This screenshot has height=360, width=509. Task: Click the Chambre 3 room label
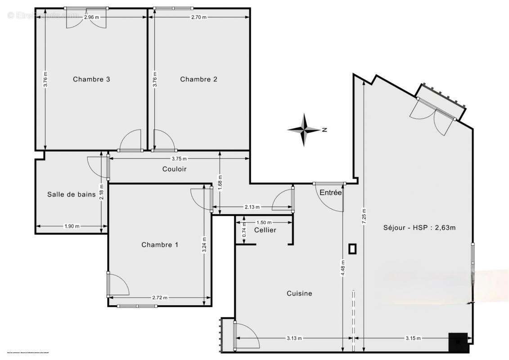(x=92, y=79)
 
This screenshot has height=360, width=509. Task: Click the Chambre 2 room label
(x=198, y=79)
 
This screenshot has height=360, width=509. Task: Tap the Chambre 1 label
(x=160, y=245)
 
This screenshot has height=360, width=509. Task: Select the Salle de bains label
(x=72, y=194)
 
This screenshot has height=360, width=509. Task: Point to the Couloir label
(x=174, y=169)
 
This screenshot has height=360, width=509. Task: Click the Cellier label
(x=265, y=230)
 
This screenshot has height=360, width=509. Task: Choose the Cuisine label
(x=299, y=293)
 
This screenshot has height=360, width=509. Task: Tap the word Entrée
(x=331, y=193)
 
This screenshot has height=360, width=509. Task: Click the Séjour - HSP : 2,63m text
(x=419, y=227)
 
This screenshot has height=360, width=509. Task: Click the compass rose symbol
(x=305, y=130)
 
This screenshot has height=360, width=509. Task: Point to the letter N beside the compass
(x=324, y=130)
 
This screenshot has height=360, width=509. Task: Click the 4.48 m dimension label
(x=343, y=269)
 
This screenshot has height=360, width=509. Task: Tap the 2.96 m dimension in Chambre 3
(x=92, y=17)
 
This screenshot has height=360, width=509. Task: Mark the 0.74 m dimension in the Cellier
(x=243, y=230)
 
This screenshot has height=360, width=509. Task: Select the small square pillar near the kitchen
(x=352, y=248)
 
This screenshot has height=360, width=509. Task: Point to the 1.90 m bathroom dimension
(x=72, y=226)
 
